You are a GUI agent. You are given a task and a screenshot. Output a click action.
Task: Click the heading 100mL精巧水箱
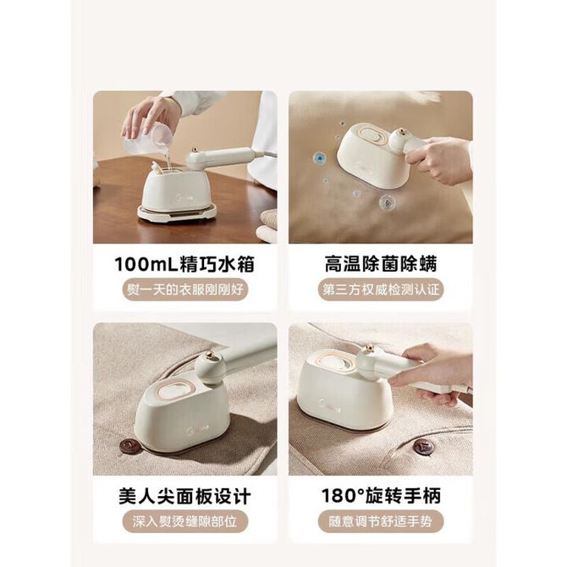click(x=184, y=264)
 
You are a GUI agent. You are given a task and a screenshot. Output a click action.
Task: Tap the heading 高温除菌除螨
click(x=381, y=264)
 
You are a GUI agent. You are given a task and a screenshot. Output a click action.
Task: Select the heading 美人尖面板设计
click(x=184, y=496)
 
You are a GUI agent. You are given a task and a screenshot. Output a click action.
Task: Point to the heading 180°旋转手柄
click(x=381, y=496)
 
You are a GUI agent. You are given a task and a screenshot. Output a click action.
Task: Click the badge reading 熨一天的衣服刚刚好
click(x=185, y=289)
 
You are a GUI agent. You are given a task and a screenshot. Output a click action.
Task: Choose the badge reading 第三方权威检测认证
click(x=381, y=289)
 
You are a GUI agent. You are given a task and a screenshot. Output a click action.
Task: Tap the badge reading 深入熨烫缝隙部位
click(x=185, y=521)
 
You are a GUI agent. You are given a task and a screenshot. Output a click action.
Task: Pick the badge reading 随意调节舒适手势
click(x=381, y=521)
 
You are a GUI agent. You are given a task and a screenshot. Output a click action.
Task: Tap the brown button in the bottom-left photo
click(x=129, y=445)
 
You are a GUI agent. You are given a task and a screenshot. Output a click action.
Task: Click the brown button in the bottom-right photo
click(x=423, y=448)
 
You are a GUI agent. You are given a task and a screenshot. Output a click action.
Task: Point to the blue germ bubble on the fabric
click(x=319, y=157)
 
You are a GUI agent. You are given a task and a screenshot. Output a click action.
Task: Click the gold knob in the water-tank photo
click(x=194, y=149)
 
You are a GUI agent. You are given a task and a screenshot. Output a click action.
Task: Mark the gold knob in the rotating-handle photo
click(x=369, y=349)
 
